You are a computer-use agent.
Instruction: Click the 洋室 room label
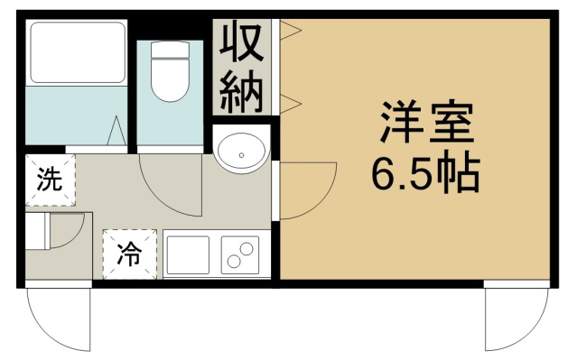(x=427, y=122)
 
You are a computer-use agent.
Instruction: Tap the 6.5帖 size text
(x=426, y=173)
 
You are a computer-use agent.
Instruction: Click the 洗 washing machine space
(x=50, y=180)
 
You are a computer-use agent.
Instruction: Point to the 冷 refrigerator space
(x=130, y=254)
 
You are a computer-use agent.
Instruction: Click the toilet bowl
(x=170, y=79)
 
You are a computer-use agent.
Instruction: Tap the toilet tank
(x=170, y=50)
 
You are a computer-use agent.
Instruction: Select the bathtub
(x=77, y=52)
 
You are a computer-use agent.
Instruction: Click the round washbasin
(x=241, y=152)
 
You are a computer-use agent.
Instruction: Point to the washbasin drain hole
(x=241, y=155)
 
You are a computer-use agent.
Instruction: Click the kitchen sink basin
(x=189, y=254)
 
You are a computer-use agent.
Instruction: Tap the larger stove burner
(x=247, y=249)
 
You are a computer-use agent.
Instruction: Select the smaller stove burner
(x=234, y=262)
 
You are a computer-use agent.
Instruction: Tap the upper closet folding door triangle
(x=291, y=30)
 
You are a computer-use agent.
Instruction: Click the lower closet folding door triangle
(x=291, y=104)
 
